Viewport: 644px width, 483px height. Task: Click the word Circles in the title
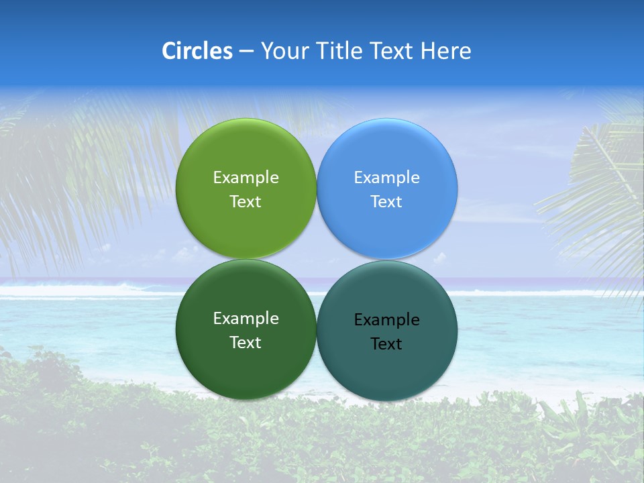pyautogui.click(x=197, y=51)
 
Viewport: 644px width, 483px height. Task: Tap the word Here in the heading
pyautogui.click(x=445, y=51)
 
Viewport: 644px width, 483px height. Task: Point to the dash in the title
pyautogui.click(x=246, y=52)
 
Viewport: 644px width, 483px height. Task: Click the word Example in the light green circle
pyautogui.click(x=246, y=178)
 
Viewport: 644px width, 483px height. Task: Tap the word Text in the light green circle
pyautogui.click(x=246, y=202)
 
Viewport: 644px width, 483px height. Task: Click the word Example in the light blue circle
pyautogui.click(x=387, y=178)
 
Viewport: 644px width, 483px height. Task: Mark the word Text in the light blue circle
pyautogui.click(x=387, y=202)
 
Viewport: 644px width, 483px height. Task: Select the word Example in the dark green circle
pyautogui.click(x=246, y=319)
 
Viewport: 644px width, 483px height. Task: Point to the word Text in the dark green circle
pyautogui.click(x=246, y=343)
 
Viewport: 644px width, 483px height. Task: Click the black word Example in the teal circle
pyautogui.click(x=387, y=320)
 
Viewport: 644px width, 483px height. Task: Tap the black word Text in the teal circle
pyautogui.click(x=387, y=344)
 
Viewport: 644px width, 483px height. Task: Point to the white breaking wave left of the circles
pyautogui.click(x=80, y=291)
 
